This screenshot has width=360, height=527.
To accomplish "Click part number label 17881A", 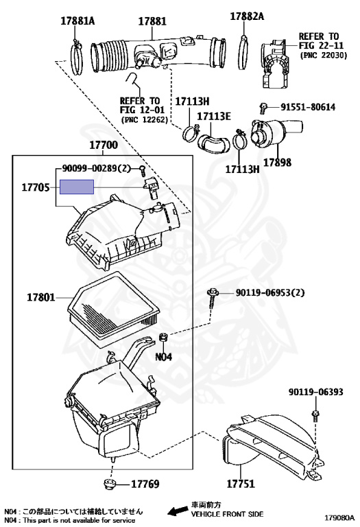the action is (x=77, y=21).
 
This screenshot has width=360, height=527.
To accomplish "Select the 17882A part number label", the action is (x=247, y=16).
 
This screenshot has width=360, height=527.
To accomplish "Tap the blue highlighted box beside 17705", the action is (x=77, y=187).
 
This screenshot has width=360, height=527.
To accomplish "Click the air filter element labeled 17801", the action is (x=113, y=304).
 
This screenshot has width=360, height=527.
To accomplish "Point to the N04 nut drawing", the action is (x=164, y=337).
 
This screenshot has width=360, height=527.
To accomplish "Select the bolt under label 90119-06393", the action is (x=315, y=415).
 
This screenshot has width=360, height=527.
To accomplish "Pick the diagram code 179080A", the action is (x=339, y=517).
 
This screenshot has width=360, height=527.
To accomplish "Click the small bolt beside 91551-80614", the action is (x=263, y=108).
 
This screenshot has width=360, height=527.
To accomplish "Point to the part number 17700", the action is (x=104, y=145).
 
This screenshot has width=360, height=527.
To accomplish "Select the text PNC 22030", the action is (x=323, y=56).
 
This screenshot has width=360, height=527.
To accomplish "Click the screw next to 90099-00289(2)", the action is (x=143, y=171).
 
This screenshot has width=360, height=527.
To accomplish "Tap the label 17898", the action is (x=278, y=163).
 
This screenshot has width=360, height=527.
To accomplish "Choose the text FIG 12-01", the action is (x=143, y=110).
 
